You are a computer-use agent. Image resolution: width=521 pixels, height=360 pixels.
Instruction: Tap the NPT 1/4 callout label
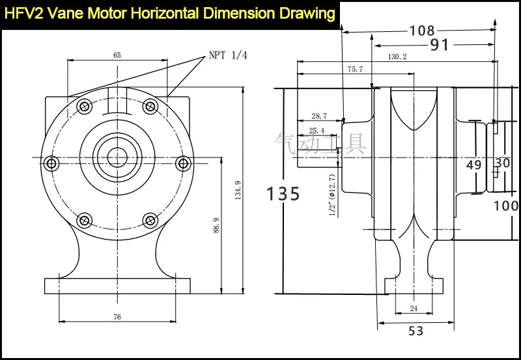(228, 55)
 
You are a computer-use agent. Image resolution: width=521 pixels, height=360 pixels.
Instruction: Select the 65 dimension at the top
(117, 55)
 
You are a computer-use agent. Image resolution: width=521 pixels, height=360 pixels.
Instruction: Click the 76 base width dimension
(117, 317)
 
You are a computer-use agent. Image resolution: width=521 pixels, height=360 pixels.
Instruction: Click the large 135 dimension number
(284, 193)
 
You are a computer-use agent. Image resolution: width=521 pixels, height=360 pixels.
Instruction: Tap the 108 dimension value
(422, 30)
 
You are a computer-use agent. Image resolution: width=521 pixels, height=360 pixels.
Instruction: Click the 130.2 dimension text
(397, 57)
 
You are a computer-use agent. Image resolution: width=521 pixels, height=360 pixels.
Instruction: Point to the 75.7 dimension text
(355, 69)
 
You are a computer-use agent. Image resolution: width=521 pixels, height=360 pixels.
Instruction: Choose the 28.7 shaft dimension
(319, 116)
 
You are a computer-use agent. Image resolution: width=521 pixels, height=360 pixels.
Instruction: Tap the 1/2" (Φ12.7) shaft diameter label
(332, 195)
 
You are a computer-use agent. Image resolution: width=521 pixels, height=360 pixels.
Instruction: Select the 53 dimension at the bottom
(416, 331)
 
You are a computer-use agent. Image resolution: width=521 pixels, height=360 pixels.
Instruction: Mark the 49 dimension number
(474, 165)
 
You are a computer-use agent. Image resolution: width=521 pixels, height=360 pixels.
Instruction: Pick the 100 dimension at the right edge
(506, 206)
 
